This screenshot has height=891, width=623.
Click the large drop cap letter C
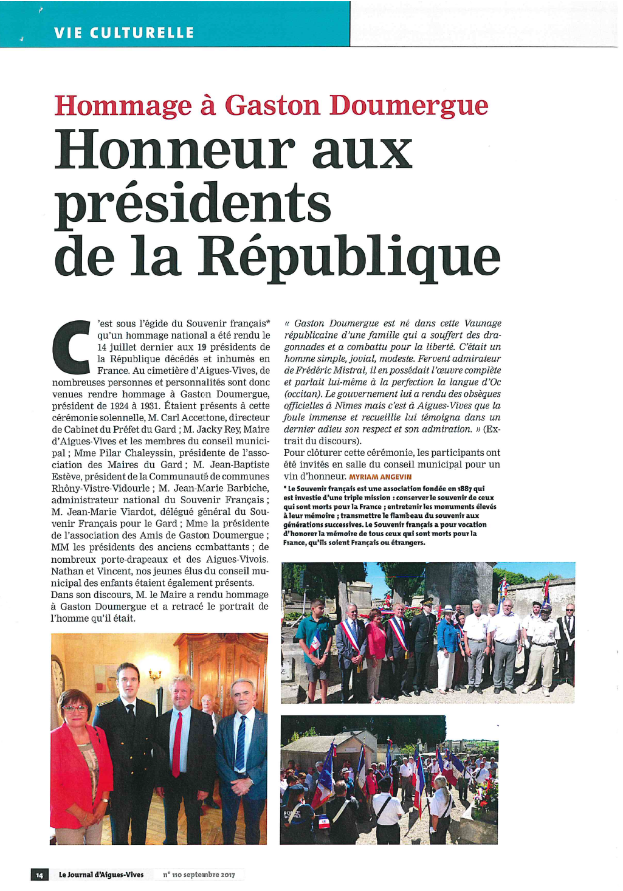point(72,347)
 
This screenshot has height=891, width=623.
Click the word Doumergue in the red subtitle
point(408,106)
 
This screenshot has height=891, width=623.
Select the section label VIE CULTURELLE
point(124,33)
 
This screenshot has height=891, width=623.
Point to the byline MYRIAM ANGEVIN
point(380,477)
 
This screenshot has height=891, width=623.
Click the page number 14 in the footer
point(40,875)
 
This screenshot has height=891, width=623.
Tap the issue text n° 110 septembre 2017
point(199,875)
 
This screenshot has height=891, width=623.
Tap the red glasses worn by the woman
point(75,708)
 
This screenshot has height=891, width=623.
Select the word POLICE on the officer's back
point(292,813)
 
